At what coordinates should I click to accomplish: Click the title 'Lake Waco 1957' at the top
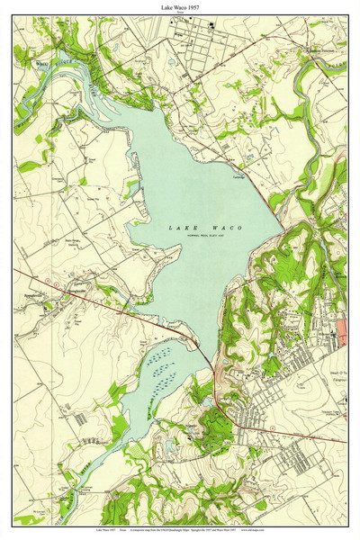tap(180, 6)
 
